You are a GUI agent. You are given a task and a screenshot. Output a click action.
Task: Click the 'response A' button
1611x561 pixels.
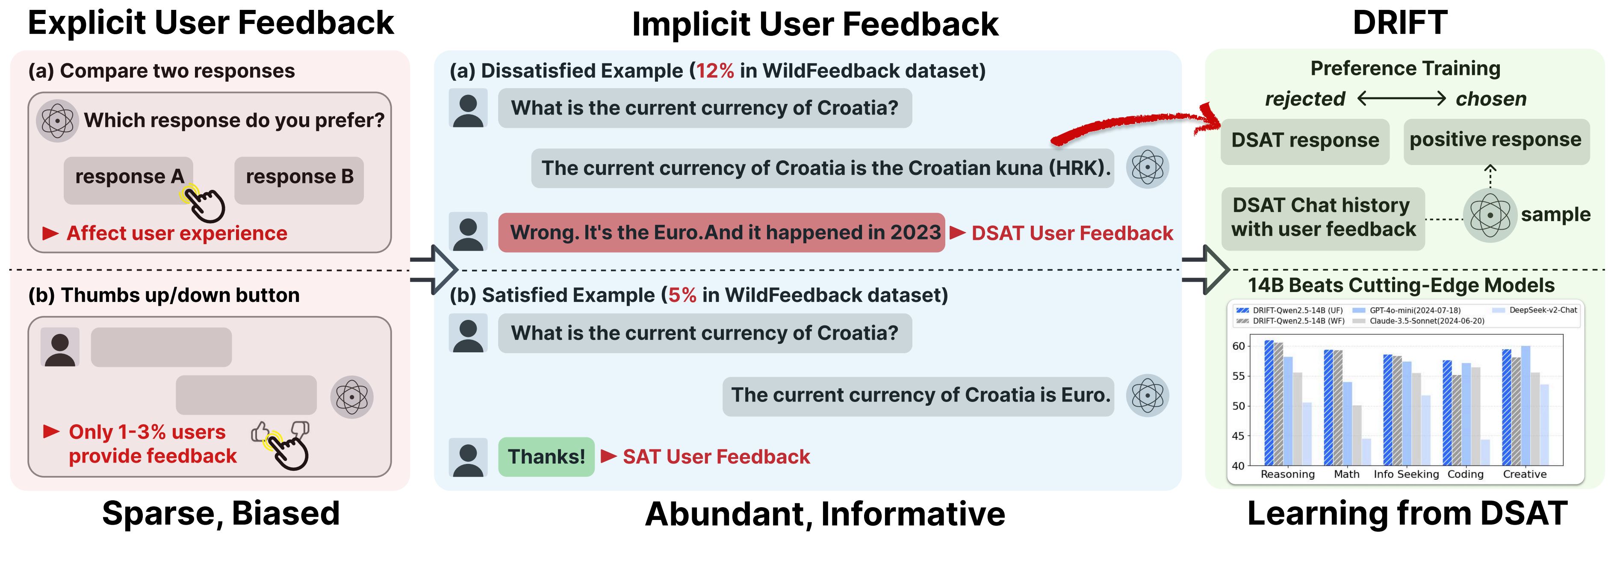point(128,180)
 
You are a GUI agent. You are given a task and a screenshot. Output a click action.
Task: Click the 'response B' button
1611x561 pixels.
point(299,180)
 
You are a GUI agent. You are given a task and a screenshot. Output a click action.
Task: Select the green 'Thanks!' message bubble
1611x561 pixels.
point(546,457)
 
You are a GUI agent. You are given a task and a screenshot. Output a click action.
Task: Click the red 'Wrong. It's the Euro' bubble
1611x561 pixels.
point(721,233)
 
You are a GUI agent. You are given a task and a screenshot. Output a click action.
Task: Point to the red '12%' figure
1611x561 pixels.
point(715,71)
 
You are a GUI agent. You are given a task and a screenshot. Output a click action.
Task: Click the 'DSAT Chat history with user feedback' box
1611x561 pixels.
point(1323,218)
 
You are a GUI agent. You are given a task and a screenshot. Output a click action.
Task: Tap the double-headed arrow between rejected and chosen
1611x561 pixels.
point(1402,98)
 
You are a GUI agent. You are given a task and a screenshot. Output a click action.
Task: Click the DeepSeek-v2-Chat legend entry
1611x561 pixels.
point(1535,310)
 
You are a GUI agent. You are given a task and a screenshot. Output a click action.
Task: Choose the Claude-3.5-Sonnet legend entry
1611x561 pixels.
point(1418,321)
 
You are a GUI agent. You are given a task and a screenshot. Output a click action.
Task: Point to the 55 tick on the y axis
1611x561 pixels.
point(1238,376)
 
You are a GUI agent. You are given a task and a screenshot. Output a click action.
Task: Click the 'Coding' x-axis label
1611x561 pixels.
point(1465,474)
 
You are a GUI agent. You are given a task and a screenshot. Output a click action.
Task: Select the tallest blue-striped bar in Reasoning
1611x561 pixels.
point(1269,403)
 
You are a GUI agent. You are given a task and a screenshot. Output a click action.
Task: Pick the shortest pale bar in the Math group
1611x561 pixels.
point(1366,452)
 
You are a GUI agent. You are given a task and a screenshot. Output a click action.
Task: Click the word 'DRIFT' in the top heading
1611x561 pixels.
point(1400,23)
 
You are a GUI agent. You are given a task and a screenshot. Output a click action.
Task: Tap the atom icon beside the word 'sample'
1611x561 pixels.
point(1490,215)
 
